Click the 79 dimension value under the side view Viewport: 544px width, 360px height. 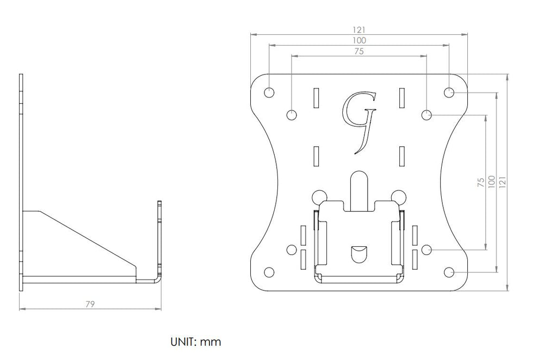coord(90,304)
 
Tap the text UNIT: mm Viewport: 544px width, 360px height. coord(196,342)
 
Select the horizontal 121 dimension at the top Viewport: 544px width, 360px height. coord(359,30)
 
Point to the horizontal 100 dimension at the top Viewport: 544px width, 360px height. coord(359,41)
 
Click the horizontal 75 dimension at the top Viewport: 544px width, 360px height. coord(359,51)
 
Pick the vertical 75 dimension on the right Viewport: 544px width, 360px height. coord(481,182)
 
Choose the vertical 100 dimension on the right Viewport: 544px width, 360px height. coord(491,182)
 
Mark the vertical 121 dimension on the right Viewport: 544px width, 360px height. coord(502,182)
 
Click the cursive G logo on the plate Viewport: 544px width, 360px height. coord(359,122)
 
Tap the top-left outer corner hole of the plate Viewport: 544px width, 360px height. coord(269,92)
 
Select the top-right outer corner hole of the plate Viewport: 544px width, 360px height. coord(449,92)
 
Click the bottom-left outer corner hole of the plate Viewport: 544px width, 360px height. coord(269,272)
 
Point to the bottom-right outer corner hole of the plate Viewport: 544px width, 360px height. coord(449,272)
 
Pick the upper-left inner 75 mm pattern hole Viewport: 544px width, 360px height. coord(292,115)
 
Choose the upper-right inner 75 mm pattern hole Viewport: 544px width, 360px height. coord(426,115)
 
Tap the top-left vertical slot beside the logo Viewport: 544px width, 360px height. coord(316,97)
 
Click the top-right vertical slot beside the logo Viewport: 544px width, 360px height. coord(402,97)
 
